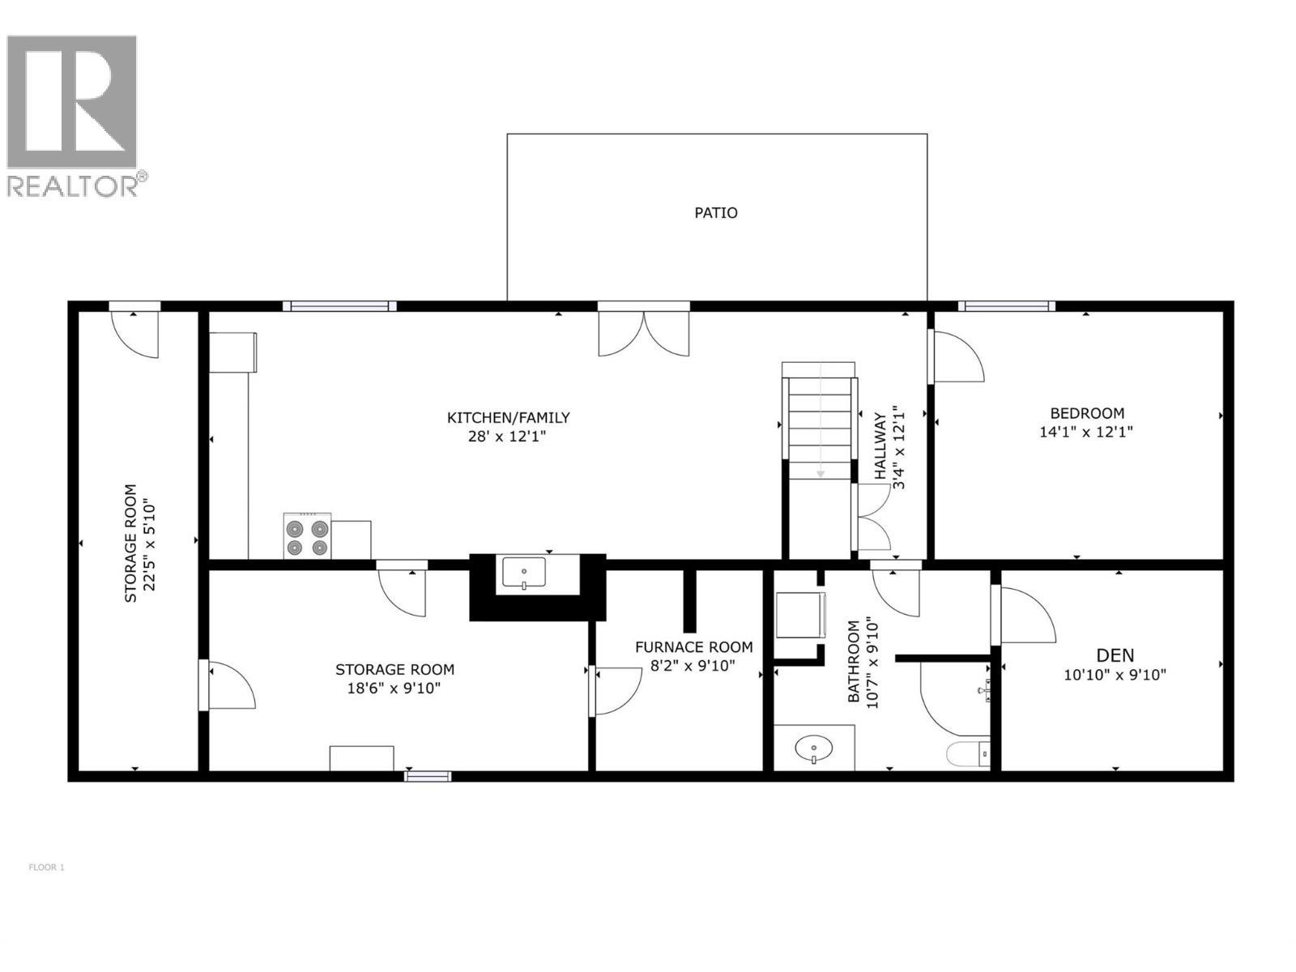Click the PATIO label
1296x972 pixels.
(716, 213)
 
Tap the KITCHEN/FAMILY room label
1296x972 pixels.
(509, 418)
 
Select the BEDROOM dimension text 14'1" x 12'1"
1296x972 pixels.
(1085, 432)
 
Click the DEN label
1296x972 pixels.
(1115, 655)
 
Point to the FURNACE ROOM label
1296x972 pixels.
(693, 647)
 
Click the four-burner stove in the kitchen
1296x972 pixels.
(307, 536)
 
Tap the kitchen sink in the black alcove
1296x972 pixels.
(524, 573)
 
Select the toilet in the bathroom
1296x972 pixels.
(968, 753)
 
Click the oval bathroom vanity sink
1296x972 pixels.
(813, 748)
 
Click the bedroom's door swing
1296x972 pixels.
(957, 356)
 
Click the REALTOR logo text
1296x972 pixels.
(75, 185)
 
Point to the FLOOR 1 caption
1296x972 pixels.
(46, 868)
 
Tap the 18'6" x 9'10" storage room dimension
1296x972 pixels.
(394, 688)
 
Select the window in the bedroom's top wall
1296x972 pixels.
(1006, 306)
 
